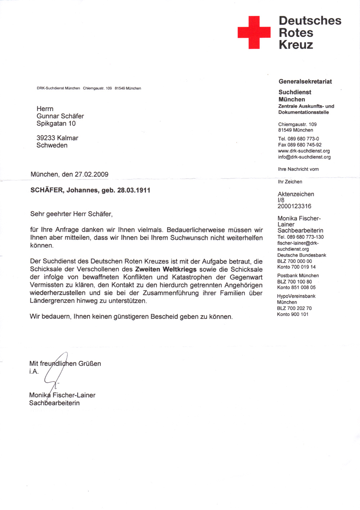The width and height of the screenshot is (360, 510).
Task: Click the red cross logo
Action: tap(254, 32)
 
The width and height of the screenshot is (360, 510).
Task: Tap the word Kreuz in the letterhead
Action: tap(296, 45)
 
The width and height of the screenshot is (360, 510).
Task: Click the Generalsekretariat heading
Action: tap(305, 82)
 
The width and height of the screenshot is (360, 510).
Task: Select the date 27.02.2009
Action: tap(91, 174)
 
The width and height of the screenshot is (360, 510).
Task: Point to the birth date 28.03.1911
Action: tap(134, 190)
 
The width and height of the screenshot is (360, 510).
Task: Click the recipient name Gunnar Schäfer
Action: tap(60, 116)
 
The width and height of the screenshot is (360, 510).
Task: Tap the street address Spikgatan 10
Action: tap(56, 124)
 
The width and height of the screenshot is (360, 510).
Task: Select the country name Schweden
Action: tap(52, 146)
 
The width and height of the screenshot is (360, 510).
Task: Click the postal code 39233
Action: tap(46, 138)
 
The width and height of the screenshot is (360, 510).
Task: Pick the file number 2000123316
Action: tap(294, 206)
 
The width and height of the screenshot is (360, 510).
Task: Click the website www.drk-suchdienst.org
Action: tap(304, 151)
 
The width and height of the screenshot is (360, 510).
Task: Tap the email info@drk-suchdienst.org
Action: tap(304, 157)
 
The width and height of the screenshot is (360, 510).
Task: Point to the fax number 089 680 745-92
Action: tap(304, 145)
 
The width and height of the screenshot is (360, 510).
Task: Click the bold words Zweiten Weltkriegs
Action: tap(166, 269)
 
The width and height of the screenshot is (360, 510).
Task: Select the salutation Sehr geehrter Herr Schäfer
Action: tap(71, 214)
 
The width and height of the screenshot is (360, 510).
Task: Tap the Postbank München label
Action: tap(298, 276)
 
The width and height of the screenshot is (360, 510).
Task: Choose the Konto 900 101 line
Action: tap(292, 315)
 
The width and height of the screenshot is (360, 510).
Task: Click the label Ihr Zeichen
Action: tap(290, 182)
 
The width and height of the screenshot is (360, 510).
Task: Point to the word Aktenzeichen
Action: tap(296, 194)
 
